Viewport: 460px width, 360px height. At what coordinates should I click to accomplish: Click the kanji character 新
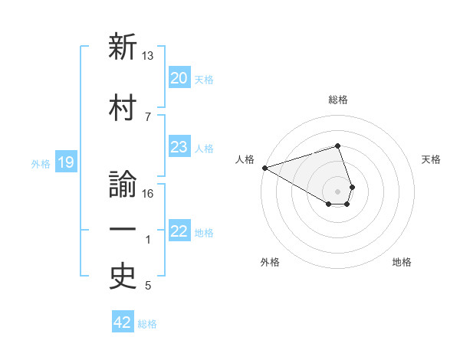(123, 47)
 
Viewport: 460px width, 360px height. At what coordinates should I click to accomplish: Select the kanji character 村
(123, 107)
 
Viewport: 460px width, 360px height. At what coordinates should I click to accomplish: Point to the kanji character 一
(123, 231)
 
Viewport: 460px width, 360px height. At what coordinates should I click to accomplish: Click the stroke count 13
(148, 56)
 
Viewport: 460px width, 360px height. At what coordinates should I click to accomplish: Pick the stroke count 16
(148, 193)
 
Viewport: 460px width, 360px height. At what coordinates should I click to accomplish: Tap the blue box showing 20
(179, 78)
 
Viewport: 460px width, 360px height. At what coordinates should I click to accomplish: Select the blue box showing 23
(179, 148)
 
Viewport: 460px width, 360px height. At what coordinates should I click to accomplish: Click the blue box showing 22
(179, 232)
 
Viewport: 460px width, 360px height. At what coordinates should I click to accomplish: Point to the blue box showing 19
(65, 162)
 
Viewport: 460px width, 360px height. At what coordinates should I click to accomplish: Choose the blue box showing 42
(123, 322)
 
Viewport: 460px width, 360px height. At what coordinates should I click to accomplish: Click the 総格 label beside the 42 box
(147, 324)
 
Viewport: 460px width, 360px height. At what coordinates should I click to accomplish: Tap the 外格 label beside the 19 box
(41, 163)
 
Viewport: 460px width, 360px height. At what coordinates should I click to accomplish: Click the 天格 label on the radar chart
(432, 159)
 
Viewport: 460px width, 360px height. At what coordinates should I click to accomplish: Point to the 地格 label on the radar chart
(402, 262)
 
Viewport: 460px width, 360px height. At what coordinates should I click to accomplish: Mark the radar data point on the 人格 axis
(264, 168)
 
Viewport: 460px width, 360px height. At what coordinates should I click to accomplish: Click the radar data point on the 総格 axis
(337, 146)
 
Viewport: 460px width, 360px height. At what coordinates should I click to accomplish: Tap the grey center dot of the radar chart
(337, 191)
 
